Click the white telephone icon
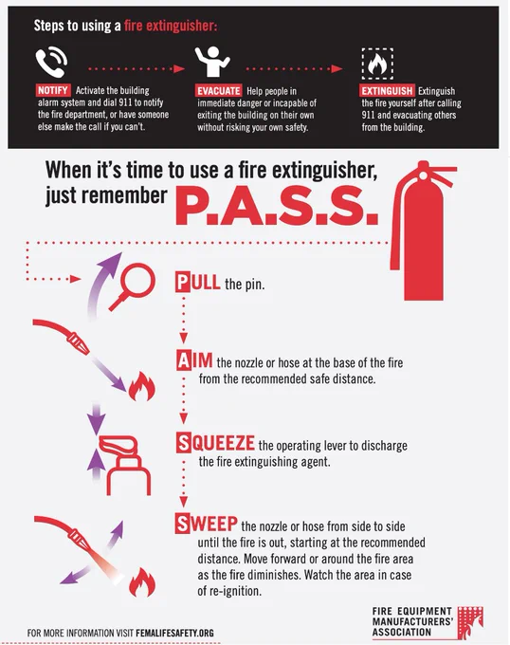(x=51, y=62)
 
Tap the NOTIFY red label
(x=52, y=90)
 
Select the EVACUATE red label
(x=219, y=91)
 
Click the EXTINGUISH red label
(x=387, y=91)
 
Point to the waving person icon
(x=212, y=62)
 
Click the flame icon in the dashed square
(x=377, y=64)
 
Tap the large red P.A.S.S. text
(x=276, y=206)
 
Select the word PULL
(x=198, y=283)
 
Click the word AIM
(x=194, y=360)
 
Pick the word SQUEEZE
(x=216, y=443)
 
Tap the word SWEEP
(x=207, y=524)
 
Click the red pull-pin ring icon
(x=133, y=287)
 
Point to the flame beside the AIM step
(x=142, y=387)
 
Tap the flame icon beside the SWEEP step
(x=142, y=582)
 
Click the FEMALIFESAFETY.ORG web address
(x=174, y=633)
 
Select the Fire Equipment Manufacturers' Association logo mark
(x=470, y=622)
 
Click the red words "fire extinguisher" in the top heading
(x=170, y=27)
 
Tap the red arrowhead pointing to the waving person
(x=179, y=68)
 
